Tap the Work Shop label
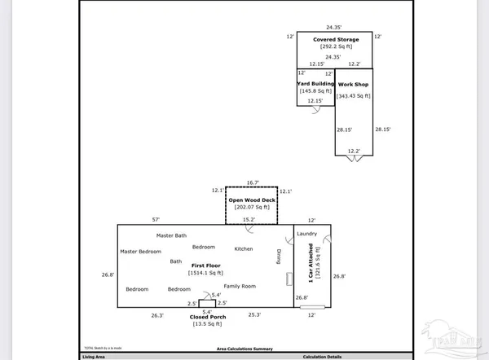pos(355,84)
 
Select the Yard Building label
pos(315,84)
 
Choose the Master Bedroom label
pos(140,251)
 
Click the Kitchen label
pos(244,248)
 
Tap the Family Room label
pos(240,286)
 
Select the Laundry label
pos(306,235)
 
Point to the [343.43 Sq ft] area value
pos(355,96)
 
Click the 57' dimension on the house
pos(155,220)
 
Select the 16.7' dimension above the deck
pos(252,182)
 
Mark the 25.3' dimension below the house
pos(253,314)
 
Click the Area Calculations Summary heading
pos(244,348)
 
